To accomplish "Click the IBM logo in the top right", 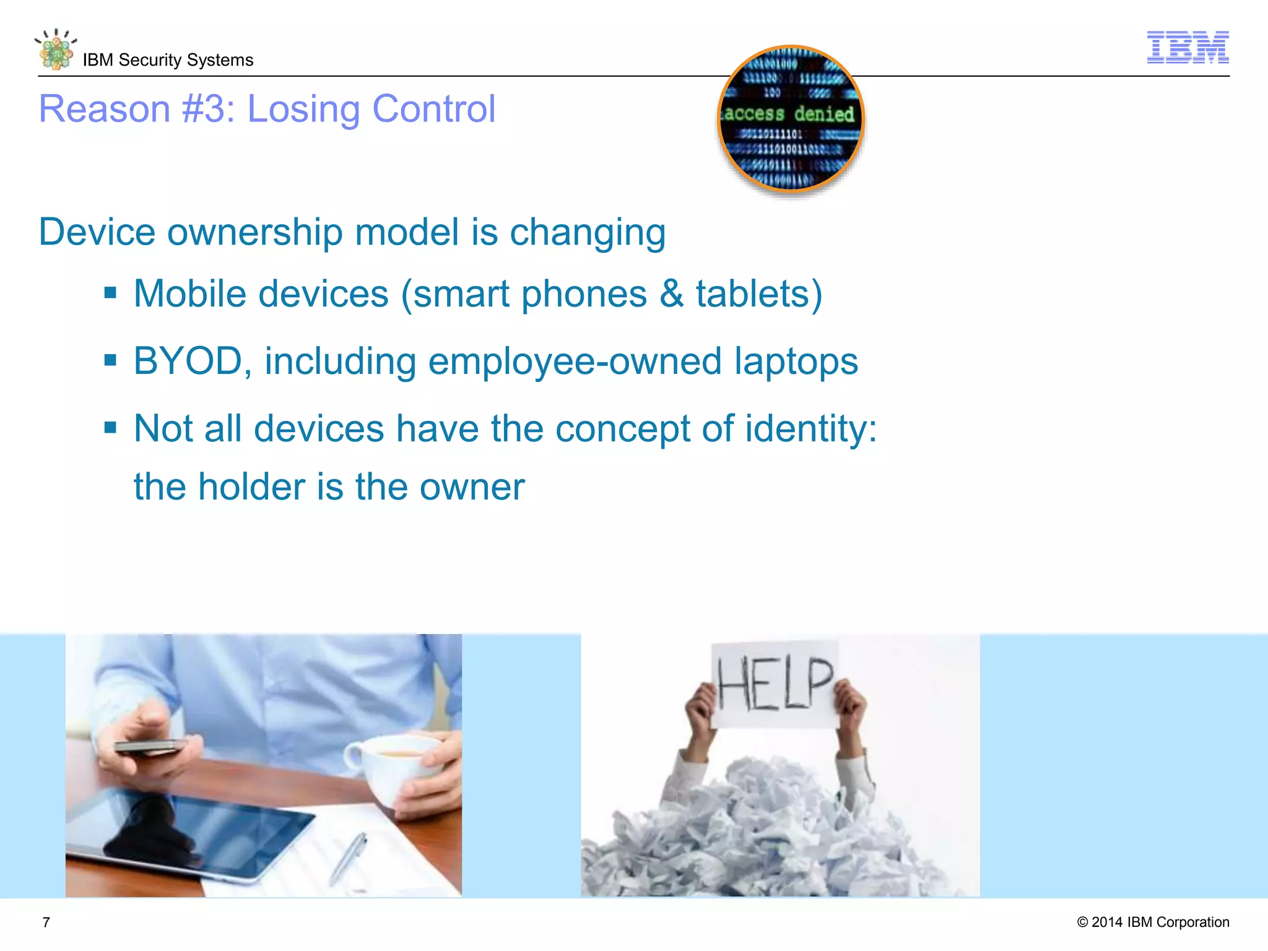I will (1188, 47).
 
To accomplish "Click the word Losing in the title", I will (303, 110).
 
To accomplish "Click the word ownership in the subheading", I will (255, 233).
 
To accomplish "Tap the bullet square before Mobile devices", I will (111, 293).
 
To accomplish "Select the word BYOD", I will (188, 361).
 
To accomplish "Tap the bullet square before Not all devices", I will (111, 427).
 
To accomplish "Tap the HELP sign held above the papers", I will (775, 684).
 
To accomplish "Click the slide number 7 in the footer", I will (46, 923).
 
